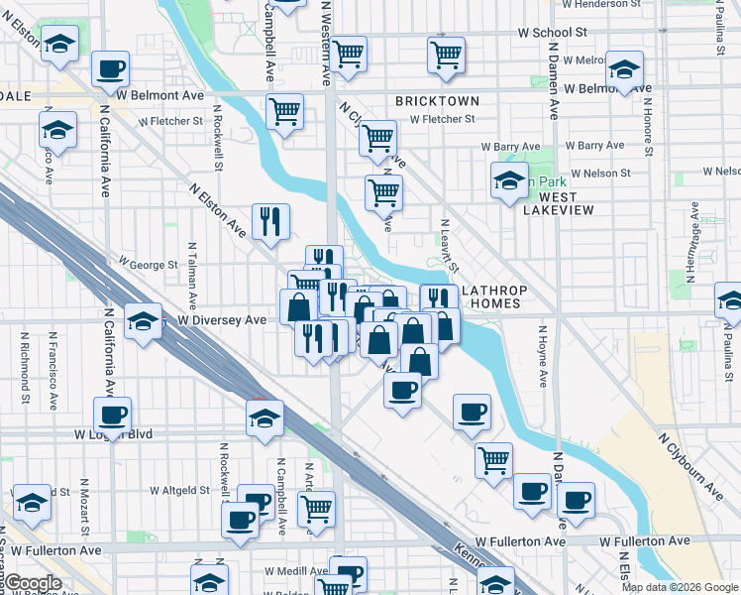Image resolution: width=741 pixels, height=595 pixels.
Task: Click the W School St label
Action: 553,32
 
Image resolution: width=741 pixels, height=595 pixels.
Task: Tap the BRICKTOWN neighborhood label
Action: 437,101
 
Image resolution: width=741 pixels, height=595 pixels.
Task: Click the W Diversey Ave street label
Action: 222,320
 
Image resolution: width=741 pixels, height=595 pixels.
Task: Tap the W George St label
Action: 148,265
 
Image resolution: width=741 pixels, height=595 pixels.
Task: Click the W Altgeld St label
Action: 179,490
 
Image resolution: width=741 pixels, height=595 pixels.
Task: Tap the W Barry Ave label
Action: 593,146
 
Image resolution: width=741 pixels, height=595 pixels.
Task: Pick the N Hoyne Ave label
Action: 543,354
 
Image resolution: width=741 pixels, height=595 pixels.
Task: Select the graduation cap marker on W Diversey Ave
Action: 144,319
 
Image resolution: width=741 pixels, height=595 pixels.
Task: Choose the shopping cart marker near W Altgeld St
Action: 316,508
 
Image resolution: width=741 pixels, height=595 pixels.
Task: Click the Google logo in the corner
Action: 32,583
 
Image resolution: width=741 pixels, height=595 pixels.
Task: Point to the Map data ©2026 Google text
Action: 680,586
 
